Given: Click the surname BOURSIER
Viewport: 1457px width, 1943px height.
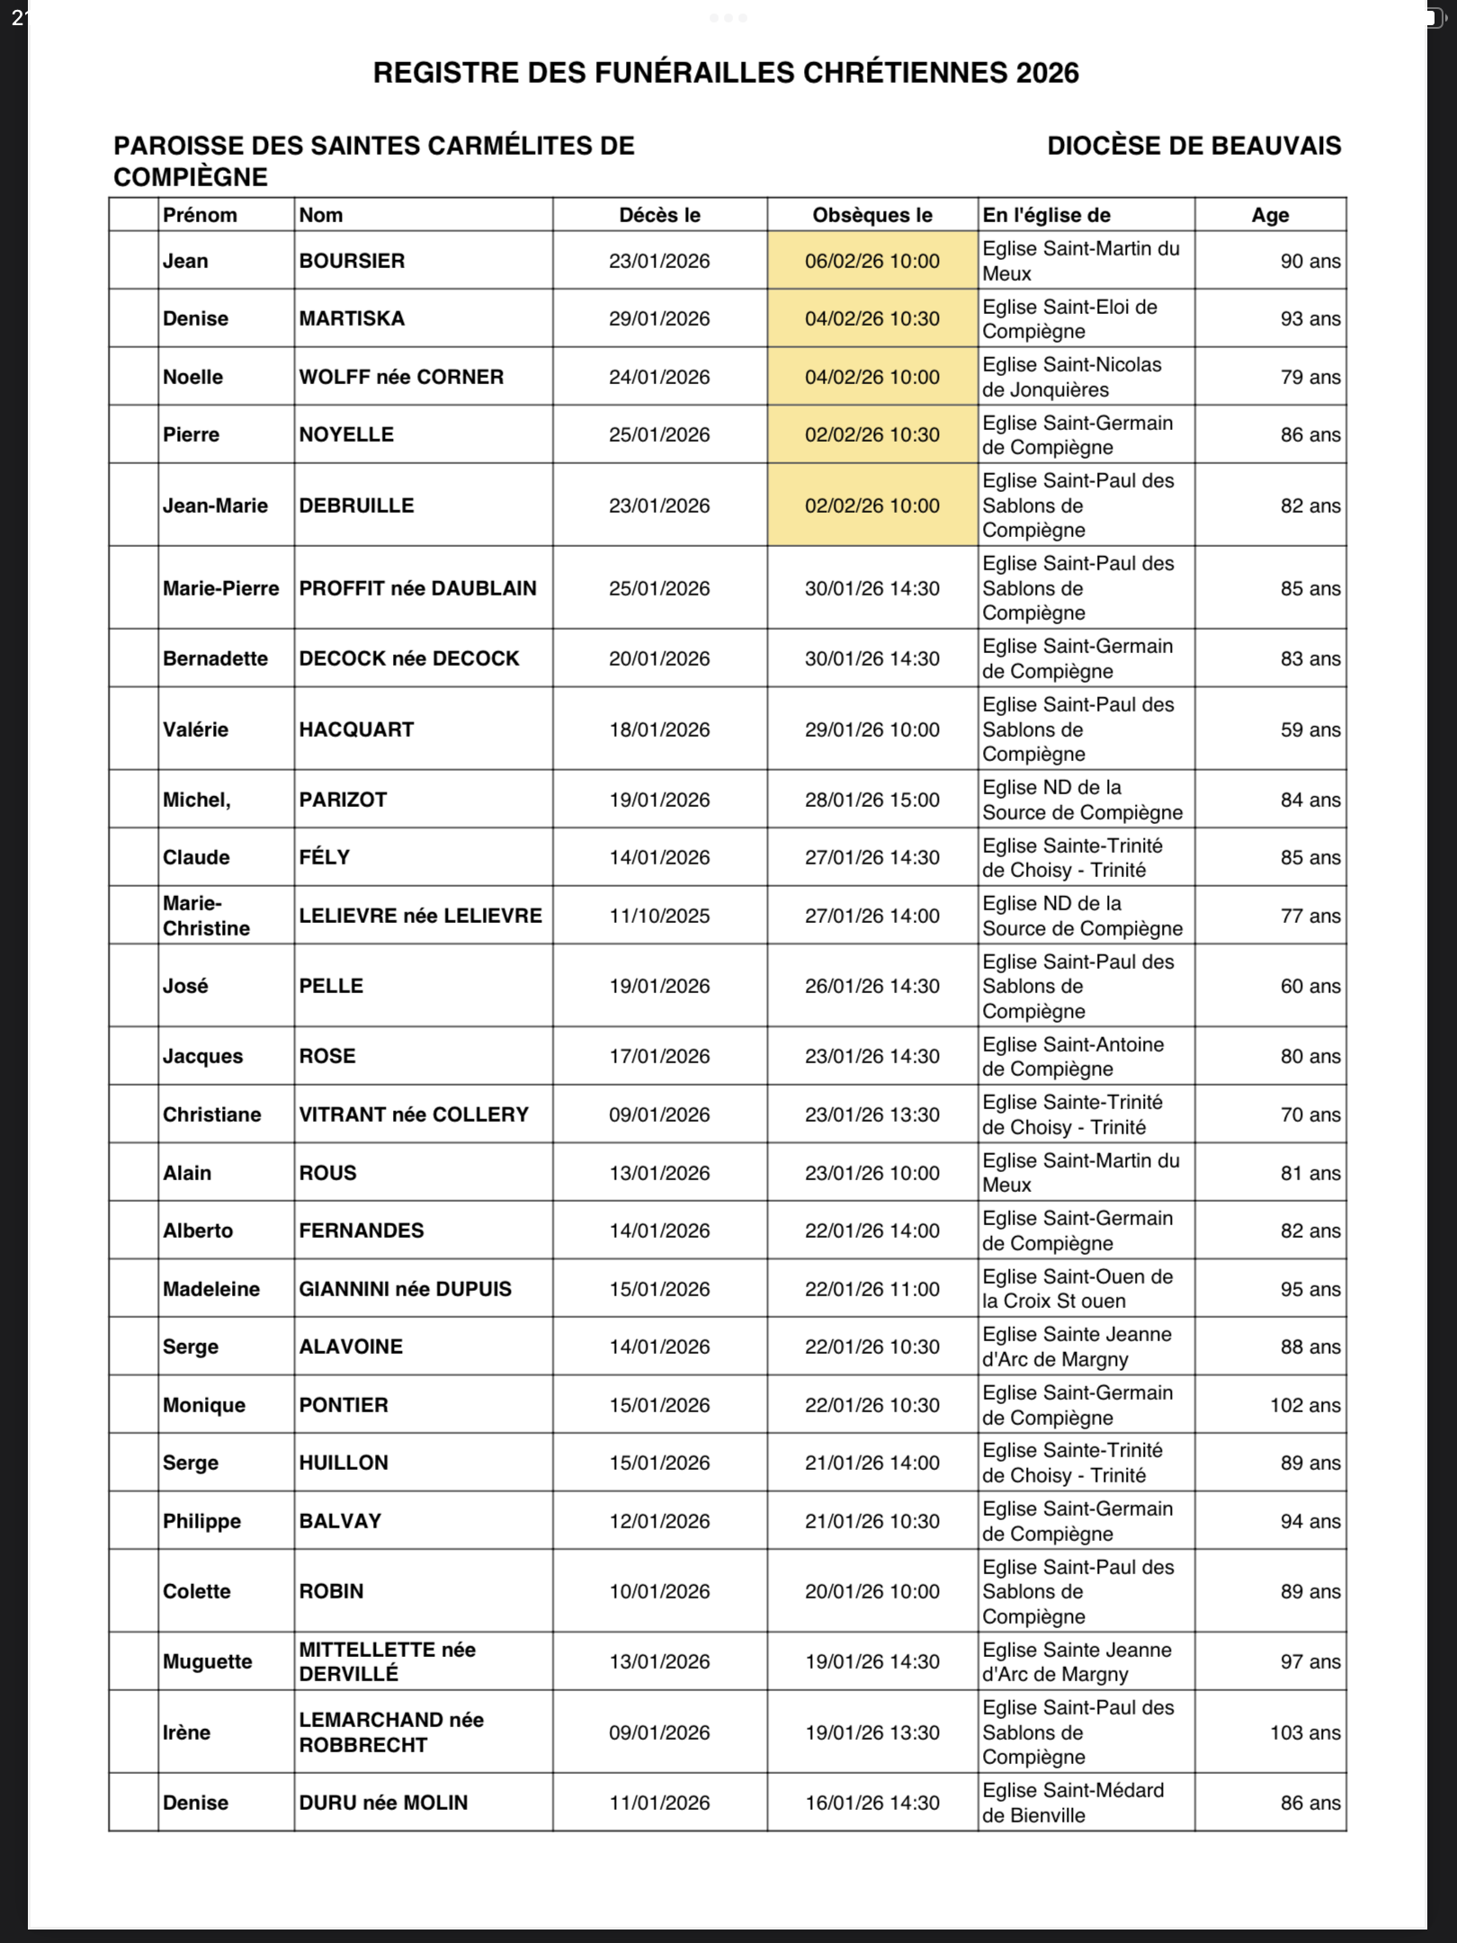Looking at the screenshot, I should (352, 261).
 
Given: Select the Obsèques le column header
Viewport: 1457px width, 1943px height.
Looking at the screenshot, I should (872, 215).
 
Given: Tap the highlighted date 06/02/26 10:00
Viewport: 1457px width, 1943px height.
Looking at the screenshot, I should (872, 261).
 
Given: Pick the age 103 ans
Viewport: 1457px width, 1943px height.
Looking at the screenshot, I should (1304, 1732).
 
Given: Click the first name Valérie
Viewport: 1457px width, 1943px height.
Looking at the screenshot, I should (195, 730).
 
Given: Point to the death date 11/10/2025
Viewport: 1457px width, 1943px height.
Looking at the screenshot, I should (659, 916).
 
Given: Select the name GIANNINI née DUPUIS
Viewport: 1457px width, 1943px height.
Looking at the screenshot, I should (405, 1289).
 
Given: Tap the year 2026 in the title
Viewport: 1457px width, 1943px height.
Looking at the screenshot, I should (1048, 73).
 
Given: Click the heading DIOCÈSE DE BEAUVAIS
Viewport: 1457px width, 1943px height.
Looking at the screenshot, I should (1193, 146).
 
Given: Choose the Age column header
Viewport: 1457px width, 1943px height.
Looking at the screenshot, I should (1270, 215).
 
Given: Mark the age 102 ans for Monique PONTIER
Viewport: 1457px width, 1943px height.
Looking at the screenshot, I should (1304, 1405).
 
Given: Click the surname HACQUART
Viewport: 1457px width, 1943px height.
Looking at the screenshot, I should (356, 730).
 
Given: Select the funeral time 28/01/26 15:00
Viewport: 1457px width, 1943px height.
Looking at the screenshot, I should (872, 800).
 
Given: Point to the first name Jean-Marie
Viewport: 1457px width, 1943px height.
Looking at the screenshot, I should (215, 506).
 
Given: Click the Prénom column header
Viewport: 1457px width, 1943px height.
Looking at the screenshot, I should (200, 215).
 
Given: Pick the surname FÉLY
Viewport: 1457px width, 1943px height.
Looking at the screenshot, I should (324, 857).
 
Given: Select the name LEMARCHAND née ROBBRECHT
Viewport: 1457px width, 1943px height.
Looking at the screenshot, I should (391, 1732).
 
